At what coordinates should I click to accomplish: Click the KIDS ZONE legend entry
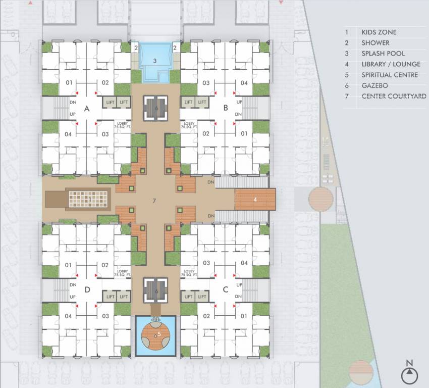pyautogui.click(x=379, y=32)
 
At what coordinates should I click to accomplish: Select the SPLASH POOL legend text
pyautogui.click(x=383, y=54)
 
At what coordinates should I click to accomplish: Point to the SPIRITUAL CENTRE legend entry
pyautogui.click(x=390, y=75)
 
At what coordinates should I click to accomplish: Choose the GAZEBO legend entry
pyautogui.click(x=375, y=85)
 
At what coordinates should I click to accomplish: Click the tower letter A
pyautogui.click(x=86, y=108)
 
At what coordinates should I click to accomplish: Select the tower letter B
pyautogui.click(x=226, y=108)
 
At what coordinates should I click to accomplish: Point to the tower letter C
pyautogui.click(x=226, y=289)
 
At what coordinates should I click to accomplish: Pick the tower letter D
pyautogui.click(x=86, y=289)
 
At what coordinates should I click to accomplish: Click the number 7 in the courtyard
pyautogui.click(x=154, y=201)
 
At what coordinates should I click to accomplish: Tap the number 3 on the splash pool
pyautogui.click(x=155, y=61)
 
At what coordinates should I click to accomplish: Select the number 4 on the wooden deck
pyautogui.click(x=255, y=200)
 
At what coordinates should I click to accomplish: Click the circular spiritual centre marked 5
pyautogui.click(x=155, y=334)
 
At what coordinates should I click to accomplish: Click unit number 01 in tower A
pyautogui.click(x=69, y=83)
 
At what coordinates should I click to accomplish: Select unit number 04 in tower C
pyautogui.click(x=244, y=263)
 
